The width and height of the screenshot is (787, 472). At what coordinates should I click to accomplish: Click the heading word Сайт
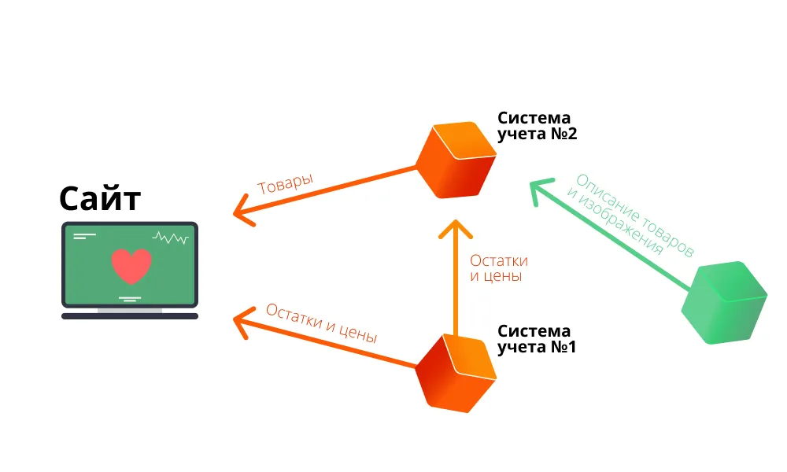point(100,198)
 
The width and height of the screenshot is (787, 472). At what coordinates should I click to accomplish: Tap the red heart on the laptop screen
point(131,266)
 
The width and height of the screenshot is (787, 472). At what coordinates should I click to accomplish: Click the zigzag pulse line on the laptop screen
point(171,237)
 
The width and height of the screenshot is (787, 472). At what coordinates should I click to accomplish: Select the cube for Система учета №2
point(456,160)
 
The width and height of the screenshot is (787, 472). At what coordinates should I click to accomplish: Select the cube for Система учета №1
point(456,373)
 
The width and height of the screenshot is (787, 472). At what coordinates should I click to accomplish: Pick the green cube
point(724,303)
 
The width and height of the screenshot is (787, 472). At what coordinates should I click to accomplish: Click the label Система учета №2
point(538,126)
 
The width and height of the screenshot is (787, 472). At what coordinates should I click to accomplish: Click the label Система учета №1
point(537,338)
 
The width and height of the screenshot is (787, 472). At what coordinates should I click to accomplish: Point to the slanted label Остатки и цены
point(321,323)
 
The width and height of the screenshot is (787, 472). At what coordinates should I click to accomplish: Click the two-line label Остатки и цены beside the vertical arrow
point(498,268)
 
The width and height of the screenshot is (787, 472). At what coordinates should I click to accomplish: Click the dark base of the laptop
point(130,316)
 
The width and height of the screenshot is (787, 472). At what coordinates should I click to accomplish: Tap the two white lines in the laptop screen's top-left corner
point(83,235)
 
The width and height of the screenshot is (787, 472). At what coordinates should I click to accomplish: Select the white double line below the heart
point(130,298)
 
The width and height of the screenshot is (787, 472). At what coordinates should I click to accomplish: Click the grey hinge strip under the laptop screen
point(130,310)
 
